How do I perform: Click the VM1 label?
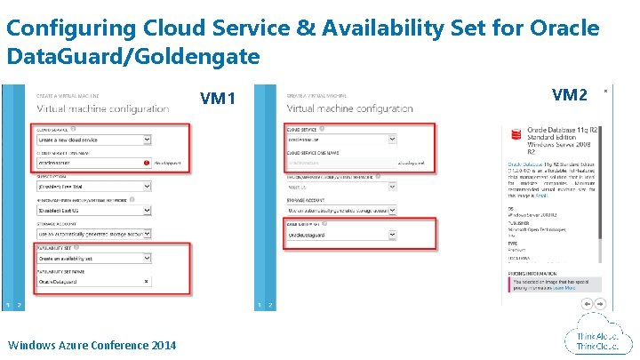pos(218,98)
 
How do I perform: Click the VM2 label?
pos(570,94)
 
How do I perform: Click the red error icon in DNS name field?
pos(145,164)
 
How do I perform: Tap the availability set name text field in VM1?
pos(89,281)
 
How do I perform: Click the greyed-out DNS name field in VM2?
pos(338,163)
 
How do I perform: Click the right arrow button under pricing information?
pos(598,303)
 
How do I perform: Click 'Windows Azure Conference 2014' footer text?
pos(92,345)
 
